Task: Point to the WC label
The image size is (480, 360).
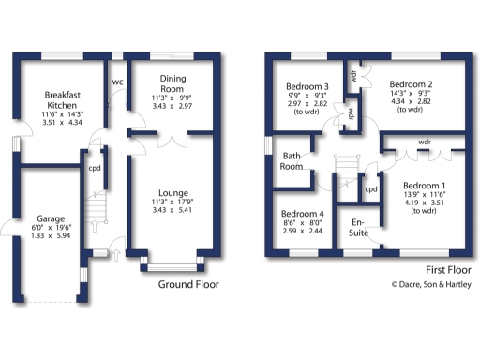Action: click(117, 82)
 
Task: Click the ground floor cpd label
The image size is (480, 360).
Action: click(95, 170)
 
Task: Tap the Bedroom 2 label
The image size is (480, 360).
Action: click(411, 82)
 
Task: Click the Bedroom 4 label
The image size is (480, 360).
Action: click(302, 213)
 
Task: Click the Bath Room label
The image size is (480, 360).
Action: click(292, 162)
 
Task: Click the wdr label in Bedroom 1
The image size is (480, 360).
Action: click(425, 142)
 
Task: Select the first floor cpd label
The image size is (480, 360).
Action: click(371, 189)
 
